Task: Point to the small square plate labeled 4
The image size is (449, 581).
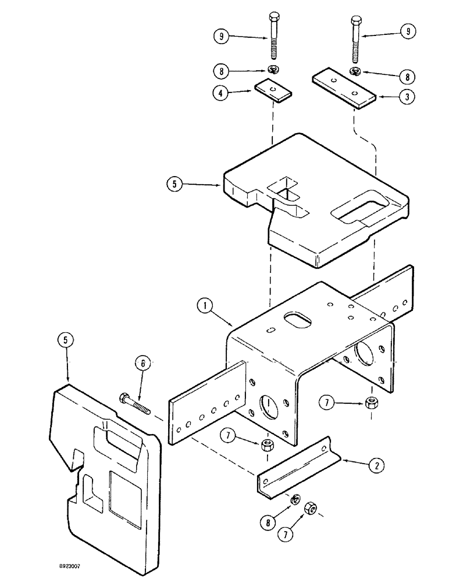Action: pos(272,90)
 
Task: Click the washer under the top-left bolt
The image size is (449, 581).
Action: pos(273,70)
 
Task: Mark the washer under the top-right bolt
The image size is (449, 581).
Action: pos(355,71)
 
